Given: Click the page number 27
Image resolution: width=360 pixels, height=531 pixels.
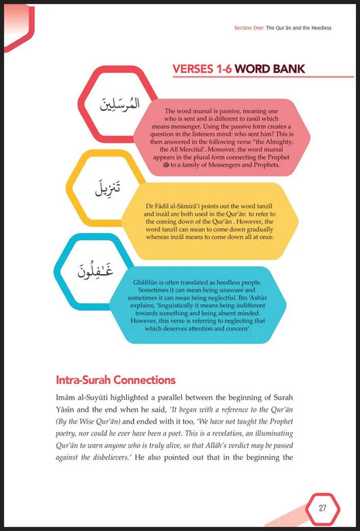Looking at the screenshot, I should [x=323, y=508].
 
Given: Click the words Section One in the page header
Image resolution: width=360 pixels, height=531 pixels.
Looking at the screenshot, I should [x=249, y=29].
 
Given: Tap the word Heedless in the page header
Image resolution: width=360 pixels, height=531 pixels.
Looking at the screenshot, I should [x=318, y=29].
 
